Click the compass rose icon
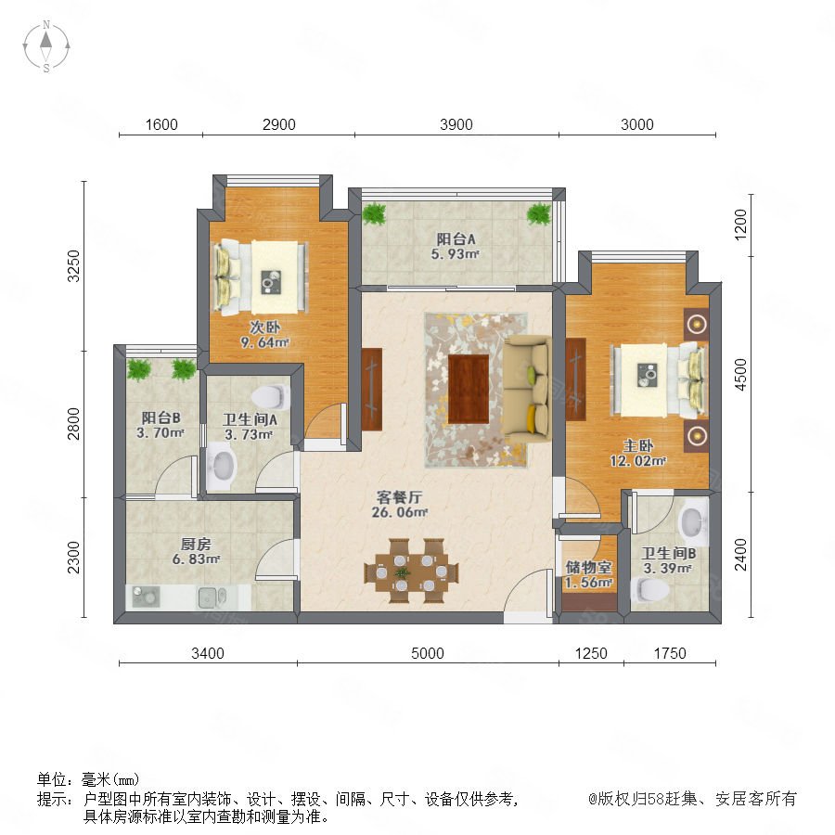46,45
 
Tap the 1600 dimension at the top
161,124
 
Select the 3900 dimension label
456,124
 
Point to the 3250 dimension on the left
73,265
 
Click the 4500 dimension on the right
740,375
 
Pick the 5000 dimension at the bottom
428,653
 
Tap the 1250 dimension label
591,653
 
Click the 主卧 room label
638,445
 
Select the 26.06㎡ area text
399,512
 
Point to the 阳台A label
456,239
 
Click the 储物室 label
588,568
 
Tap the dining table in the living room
411,572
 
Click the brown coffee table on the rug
469,389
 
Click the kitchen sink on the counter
212,597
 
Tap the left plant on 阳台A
374,214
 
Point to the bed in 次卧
261,276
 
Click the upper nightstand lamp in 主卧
697,324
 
